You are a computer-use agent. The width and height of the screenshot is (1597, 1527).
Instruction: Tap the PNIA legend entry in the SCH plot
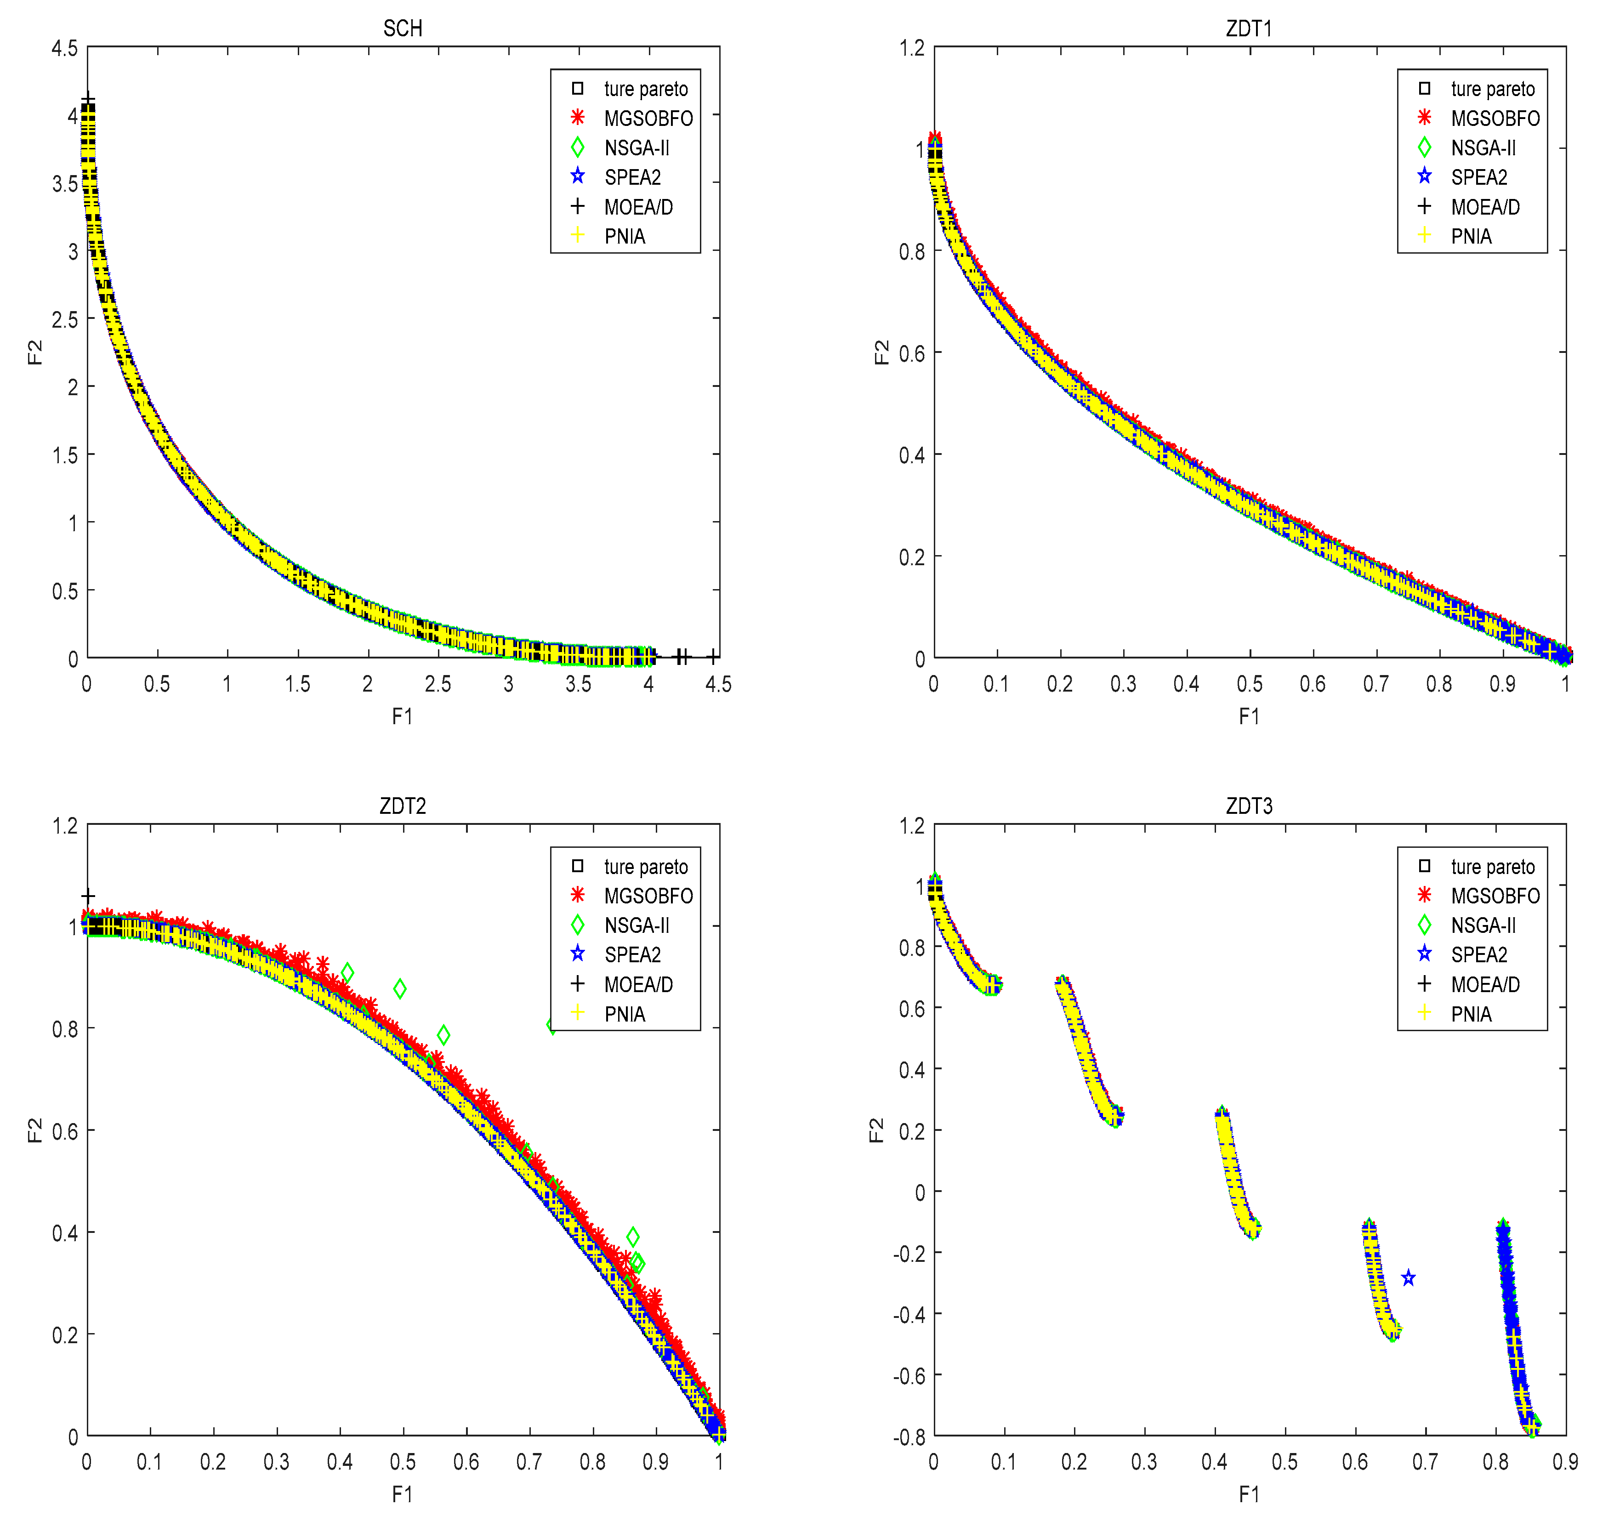click(624, 236)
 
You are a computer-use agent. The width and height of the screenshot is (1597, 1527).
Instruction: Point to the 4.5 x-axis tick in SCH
click(718, 684)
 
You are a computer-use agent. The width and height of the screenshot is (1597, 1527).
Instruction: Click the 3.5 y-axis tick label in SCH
click(65, 184)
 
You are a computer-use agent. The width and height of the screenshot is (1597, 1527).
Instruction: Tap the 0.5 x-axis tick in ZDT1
click(1250, 684)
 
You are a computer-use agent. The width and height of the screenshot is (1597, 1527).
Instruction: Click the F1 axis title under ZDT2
click(402, 1494)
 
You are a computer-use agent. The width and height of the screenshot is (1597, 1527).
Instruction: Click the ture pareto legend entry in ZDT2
click(646, 866)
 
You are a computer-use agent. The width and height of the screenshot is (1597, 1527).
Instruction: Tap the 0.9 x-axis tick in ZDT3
click(1564, 1462)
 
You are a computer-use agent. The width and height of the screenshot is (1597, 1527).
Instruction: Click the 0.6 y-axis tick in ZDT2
click(65, 1131)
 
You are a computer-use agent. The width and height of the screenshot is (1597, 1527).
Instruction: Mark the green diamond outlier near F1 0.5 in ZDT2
click(400, 989)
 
